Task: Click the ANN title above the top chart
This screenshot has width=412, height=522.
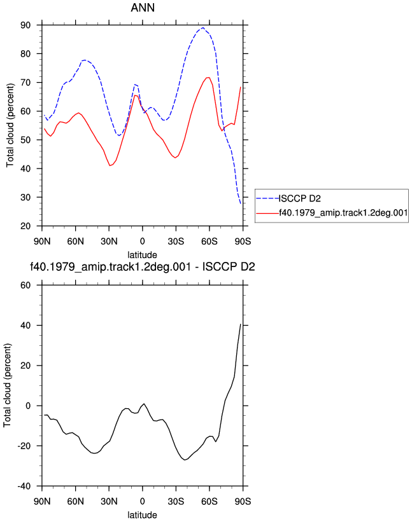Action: point(143,8)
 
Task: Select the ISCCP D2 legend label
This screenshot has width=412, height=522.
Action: point(300,198)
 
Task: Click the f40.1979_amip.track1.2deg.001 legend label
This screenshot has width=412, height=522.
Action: point(343,213)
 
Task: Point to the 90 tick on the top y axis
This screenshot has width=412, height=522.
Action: point(25,25)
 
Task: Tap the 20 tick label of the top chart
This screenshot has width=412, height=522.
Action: point(25,226)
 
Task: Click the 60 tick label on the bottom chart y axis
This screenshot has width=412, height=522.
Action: point(25,285)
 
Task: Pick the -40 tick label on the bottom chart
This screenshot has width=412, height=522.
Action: point(24,486)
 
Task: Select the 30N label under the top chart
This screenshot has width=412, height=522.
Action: point(109,241)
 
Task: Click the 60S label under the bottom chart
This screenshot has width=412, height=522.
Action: point(210,501)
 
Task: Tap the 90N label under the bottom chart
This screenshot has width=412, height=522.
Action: point(42,501)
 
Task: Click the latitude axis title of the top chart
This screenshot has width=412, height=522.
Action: point(143,255)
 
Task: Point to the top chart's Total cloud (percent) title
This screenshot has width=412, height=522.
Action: point(10,125)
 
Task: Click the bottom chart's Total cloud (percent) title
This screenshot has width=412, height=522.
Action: point(8,385)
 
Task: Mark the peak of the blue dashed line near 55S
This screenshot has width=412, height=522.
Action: point(203,27)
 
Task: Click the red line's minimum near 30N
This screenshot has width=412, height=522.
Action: point(110,165)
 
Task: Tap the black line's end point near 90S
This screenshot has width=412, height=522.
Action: point(240,324)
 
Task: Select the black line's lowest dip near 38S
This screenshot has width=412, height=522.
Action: point(185,460)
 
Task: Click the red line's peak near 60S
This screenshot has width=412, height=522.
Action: point(208,78)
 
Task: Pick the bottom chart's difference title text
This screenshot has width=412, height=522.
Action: point(143,266)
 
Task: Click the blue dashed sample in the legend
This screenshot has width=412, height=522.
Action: point(267,198)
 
